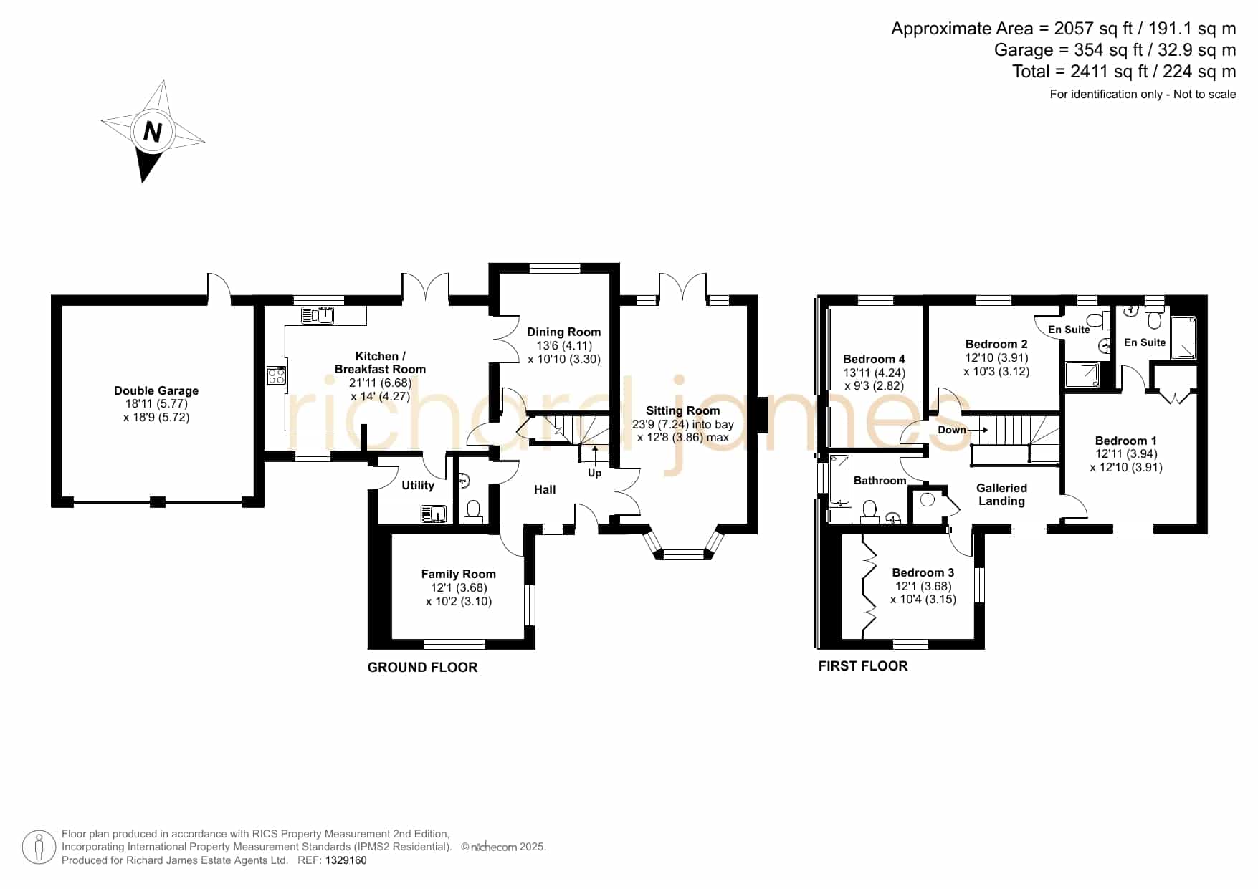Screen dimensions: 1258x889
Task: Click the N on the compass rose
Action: [153, 132]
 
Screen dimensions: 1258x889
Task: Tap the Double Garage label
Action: [156, 390]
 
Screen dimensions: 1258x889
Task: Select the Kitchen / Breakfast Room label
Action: [380, 362]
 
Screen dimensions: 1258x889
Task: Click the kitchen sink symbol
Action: [318, 314]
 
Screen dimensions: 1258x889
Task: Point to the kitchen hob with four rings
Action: [277, 375]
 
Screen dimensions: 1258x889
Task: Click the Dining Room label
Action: [564, 332]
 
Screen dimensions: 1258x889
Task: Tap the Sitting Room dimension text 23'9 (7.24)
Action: [660, 424]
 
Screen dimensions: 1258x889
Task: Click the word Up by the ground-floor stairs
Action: [595, 473]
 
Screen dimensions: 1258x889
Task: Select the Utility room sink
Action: [434, 514]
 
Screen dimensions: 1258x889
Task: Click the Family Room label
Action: [459, 574]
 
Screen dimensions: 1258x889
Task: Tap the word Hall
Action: [545, 489]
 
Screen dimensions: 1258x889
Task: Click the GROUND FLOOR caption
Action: [422, 667]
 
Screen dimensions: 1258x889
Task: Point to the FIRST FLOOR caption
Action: [863, 665]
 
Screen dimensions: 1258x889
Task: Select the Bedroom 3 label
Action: [923, 572]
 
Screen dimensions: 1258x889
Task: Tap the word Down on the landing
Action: [952, 430]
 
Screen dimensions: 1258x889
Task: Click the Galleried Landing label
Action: [1001, 494]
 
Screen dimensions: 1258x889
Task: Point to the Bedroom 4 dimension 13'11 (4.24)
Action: [875, 373]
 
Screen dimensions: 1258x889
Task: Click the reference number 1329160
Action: [346, 860]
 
